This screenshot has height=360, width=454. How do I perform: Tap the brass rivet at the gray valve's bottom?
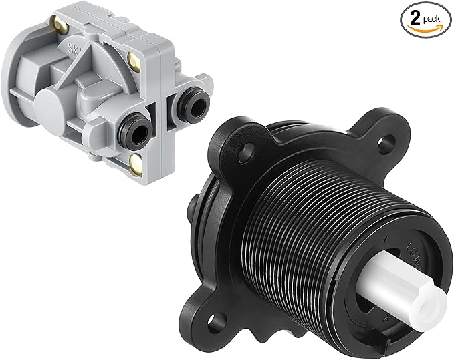pyautogui.click(x=137, y=159)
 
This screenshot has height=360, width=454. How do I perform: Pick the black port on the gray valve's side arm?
pyautogui.click(x=193, y=102)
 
